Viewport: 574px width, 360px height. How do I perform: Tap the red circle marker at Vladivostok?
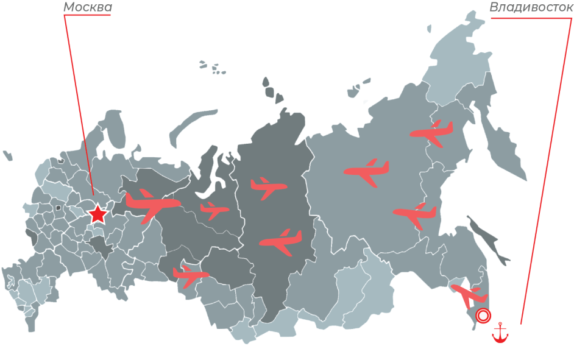click(x=483, y=316)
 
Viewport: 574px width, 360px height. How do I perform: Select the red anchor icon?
click(x=501, y=333)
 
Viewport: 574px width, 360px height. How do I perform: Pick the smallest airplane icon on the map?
click(x=214, y=211)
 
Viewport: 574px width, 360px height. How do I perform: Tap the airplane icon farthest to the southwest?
click(x=191, y=275)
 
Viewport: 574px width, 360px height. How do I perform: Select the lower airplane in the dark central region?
click(x=281, y=241)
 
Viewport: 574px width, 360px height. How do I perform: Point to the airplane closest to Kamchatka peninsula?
click(x=432, y=132)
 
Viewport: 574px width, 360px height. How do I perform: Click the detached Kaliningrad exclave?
click(x=7, y=155)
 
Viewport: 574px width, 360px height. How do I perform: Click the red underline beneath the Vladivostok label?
click(x=530, y=18)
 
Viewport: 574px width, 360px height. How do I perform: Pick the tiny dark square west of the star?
click(x=58, y=208)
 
